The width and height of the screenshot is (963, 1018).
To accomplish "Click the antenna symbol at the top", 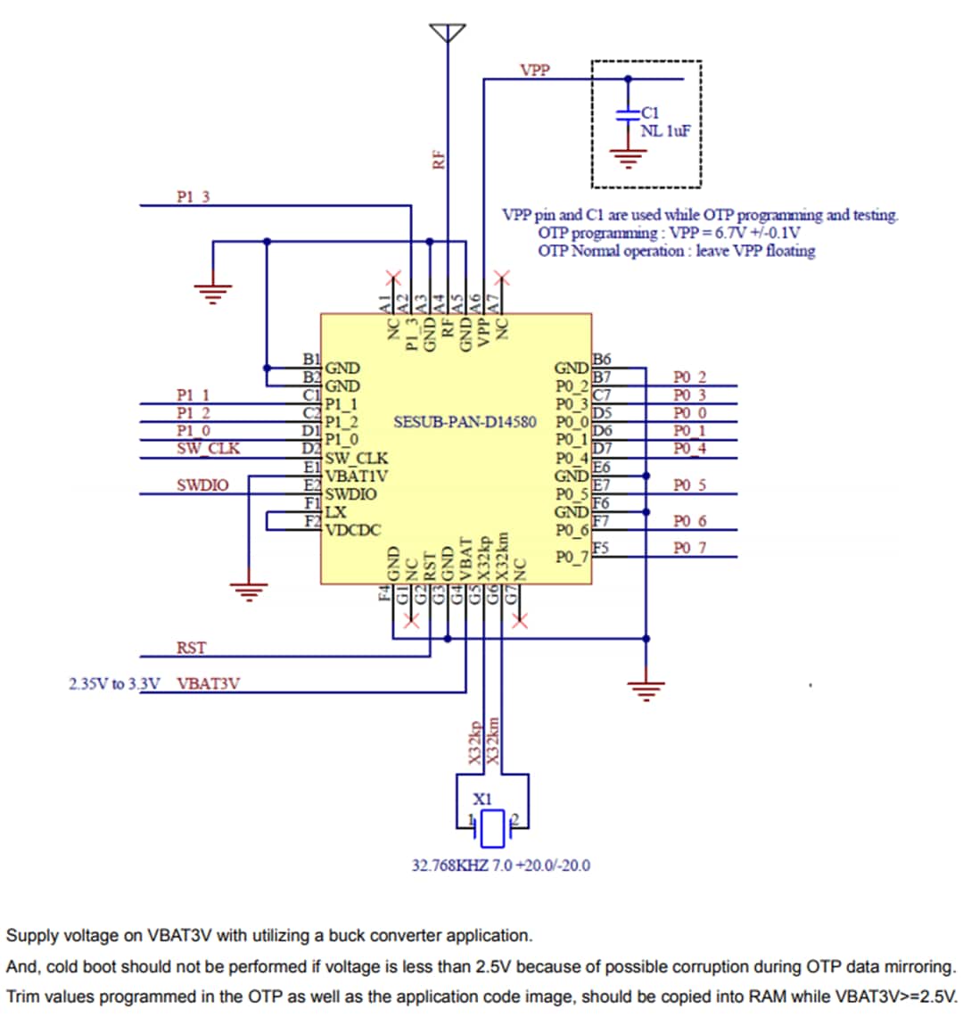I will tap(448, 33).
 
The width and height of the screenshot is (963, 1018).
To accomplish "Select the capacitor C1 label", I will tap(651, 112).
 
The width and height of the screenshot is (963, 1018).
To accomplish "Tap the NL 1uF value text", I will tap(666, 130).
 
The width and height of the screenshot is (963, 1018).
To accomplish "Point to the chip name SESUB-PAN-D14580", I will tap(465, 421).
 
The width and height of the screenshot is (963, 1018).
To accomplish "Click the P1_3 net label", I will tap(193, 197).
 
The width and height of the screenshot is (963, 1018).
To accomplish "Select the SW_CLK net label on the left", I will tap(208, 448).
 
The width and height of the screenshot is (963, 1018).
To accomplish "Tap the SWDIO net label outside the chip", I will tap(202, 485).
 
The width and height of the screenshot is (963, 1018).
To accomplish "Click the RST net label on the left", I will tap(191, 648).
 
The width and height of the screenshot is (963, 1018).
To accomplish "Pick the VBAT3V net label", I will tap(208, 684).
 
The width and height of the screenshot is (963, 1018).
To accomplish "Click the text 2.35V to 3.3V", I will tap(114, 684).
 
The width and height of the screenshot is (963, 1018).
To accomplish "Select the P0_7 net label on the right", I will tap(689, 548).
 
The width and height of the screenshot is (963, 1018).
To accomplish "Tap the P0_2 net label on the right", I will tap(689, 377).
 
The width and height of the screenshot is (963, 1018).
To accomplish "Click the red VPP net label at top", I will tap(535, 70).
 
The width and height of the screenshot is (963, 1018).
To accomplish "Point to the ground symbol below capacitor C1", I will tap(629, 160).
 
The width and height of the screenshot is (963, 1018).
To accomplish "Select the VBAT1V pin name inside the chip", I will tap(356, 476).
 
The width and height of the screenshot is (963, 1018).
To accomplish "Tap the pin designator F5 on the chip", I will tap(601, 547).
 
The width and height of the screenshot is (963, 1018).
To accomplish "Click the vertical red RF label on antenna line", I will tap(438, 161).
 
